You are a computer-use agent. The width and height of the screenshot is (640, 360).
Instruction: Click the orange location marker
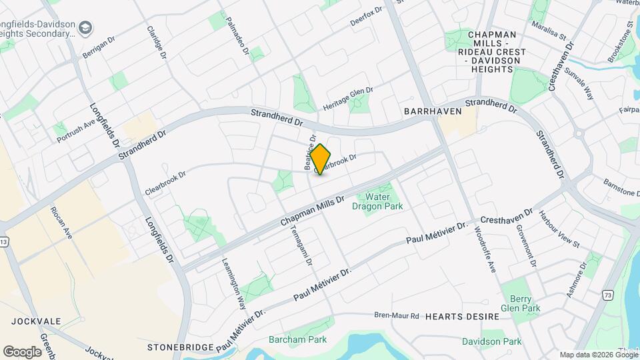click(x=321, y=159)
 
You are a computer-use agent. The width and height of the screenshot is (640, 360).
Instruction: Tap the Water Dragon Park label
click(x=377, y=201)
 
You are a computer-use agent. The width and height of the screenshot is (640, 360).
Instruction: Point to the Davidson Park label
click(x=492, y=341)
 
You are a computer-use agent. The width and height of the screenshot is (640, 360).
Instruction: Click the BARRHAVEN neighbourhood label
click(x=432, y=111)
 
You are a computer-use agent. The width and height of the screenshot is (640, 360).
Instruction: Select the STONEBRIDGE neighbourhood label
click(x=181, y=347)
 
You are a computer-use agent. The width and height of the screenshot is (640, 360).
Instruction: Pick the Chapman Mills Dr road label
click(x=312, y=209)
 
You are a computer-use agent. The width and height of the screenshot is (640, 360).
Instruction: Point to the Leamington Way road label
click(x=233, y=283)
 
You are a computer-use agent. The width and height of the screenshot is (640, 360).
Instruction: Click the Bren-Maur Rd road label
click(x=396, y=315)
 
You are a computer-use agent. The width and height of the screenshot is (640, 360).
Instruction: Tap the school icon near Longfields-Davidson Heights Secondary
click(x=85, y=27)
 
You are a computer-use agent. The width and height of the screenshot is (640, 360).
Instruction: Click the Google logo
click(x=22, y=351)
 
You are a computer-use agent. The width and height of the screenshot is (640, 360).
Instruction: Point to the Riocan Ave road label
click(x=61, y=224)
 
